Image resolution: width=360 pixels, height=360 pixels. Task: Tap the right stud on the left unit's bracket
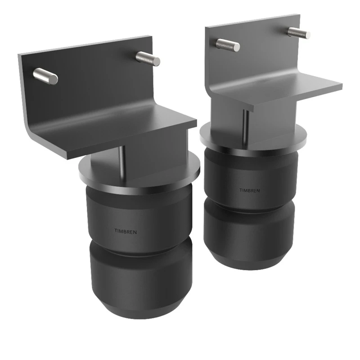point(147,58)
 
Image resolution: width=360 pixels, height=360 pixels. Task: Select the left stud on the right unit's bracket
point(228,44)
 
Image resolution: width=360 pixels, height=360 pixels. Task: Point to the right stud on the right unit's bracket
point(299,33)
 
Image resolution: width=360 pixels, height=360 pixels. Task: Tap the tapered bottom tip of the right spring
point(250,263)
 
